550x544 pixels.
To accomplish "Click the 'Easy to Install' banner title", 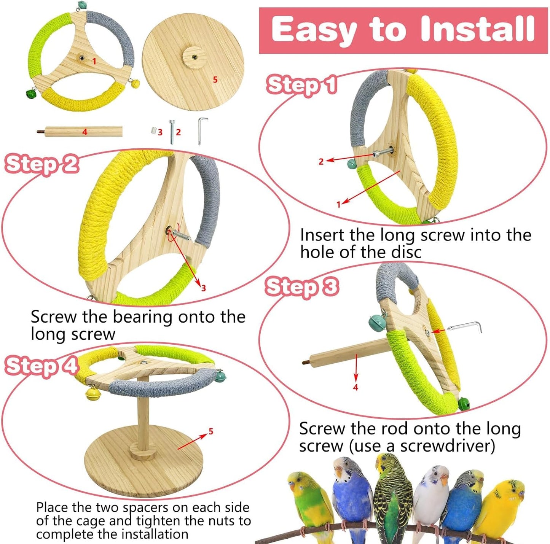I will (403, 30).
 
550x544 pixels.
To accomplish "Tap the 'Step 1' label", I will (301, 84).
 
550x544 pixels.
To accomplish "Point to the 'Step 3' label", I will (301, 287).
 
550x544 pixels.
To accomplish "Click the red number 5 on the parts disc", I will (215, 80).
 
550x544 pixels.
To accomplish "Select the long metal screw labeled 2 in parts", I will (172, 132).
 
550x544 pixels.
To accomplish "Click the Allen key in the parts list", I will (201, 130).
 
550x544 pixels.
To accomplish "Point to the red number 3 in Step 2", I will (203, 288).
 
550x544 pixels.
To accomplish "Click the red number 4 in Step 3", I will (356, 387).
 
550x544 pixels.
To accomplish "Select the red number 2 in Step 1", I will (321, 162).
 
